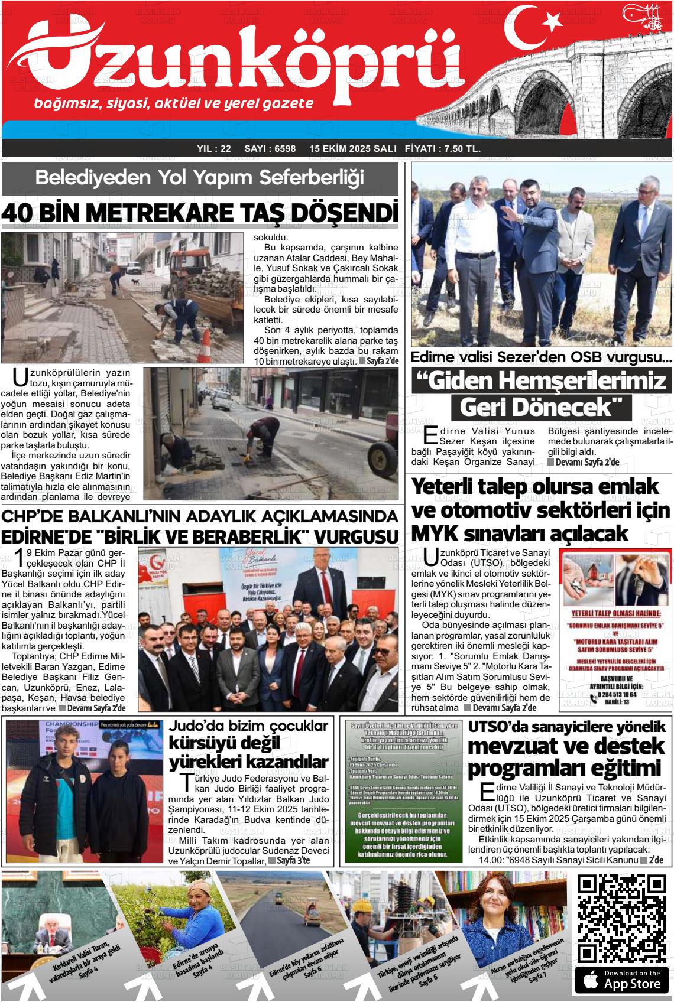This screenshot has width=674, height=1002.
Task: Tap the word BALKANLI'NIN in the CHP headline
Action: coord(138,515)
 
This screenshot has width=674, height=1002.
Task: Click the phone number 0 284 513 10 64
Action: coord(617,695)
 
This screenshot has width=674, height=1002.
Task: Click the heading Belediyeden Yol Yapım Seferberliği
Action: coord(199,177)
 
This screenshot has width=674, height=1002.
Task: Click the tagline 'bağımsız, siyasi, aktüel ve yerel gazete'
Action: coord(174,104)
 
